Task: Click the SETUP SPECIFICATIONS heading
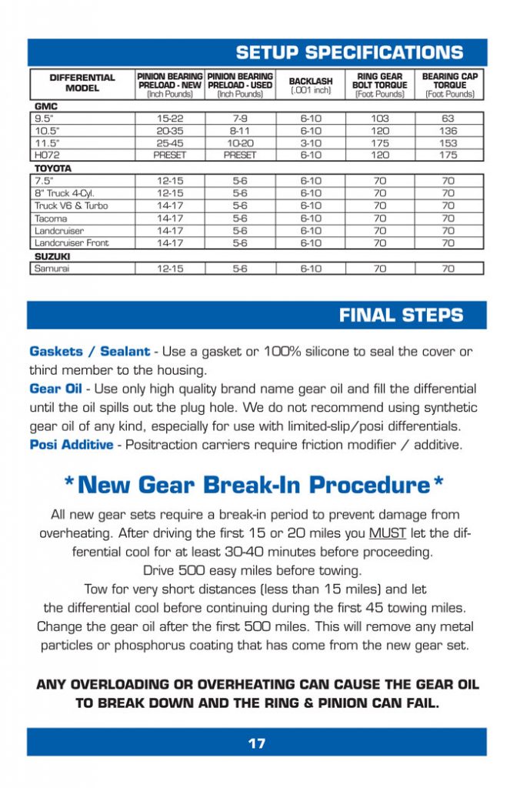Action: pos(349,53)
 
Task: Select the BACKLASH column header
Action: pos(311,85)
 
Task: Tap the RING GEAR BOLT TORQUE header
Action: pos(380,85)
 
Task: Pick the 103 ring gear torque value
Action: pos(380,119)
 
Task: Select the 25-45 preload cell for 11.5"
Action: pos(169,142)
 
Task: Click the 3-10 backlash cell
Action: pos(311,142)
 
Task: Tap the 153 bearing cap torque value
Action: pos(448,142)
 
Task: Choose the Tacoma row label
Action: pos(51,219)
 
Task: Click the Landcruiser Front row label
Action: pos(72,243)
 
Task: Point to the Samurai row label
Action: pos(51,269)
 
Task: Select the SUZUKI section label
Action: pos(48,255)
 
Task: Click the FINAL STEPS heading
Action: pos(401,316)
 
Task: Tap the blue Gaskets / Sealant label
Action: pos(89,351)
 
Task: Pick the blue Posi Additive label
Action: pos(71,444)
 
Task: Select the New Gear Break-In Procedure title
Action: pos(255,485)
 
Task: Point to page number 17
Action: pos(256,743)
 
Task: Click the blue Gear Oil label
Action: pos(55,389)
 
